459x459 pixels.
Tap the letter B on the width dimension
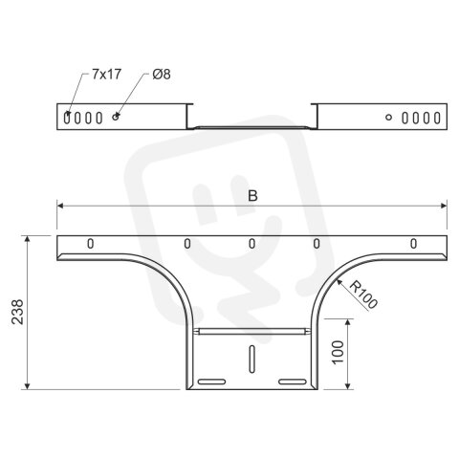coord(252,195)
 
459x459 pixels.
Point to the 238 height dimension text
coord(17,312)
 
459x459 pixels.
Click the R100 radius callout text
coord(364,295)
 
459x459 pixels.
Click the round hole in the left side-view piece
coord(116,117)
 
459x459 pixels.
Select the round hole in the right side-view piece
coord(388,117)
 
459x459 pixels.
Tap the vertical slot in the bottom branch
coord(251,360)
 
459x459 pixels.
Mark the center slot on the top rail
coord(251,244)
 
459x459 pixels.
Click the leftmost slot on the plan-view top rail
coord(91,244)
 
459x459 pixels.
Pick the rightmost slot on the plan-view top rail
coord(413,244)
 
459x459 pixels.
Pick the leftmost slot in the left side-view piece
coord(68,117)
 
